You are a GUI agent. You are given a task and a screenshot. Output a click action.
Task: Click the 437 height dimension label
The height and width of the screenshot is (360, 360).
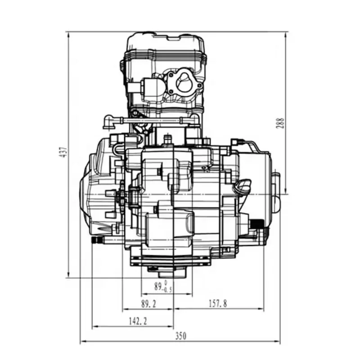point(65,152)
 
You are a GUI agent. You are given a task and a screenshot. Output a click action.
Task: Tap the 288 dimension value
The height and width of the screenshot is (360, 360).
point(281,123)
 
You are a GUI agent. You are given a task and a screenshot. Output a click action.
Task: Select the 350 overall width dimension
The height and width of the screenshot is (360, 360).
point(181,336)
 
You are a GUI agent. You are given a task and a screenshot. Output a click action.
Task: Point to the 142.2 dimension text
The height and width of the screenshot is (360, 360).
point(138,321)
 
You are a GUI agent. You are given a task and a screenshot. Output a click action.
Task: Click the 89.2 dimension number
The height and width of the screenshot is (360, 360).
point(148,304)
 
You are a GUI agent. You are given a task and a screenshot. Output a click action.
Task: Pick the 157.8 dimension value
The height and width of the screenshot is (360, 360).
point(218,303)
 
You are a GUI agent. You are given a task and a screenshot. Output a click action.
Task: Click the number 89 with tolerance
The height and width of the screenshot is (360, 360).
point(158,286)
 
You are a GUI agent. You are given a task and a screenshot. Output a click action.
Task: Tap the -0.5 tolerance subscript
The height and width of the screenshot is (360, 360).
point(166,290)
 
